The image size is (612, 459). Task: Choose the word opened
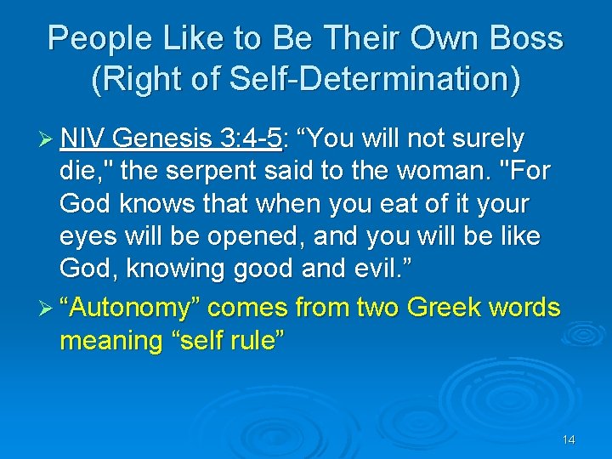click(245, 237)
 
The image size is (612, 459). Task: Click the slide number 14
click(569, 439)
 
